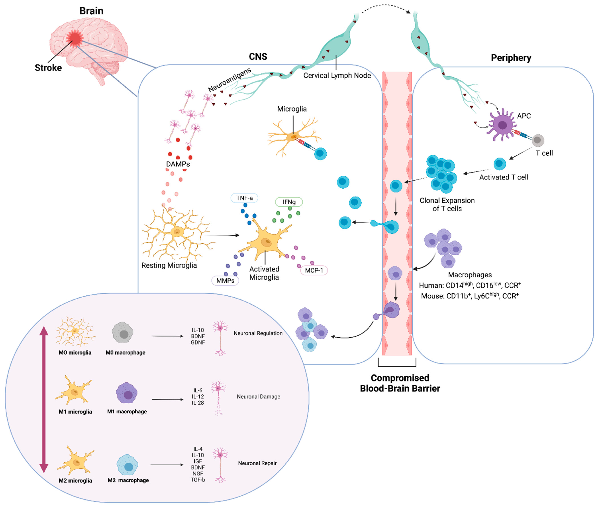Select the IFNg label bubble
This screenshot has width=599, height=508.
point(289,202)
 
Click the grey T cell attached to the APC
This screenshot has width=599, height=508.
point(537,141)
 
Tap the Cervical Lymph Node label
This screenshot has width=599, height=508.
point(337,75)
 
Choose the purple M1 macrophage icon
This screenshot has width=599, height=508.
point(127,393)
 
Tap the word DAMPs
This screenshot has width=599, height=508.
point(178,164)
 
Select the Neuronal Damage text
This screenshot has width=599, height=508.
point(258,397)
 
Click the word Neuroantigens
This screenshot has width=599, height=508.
point(230,80)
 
